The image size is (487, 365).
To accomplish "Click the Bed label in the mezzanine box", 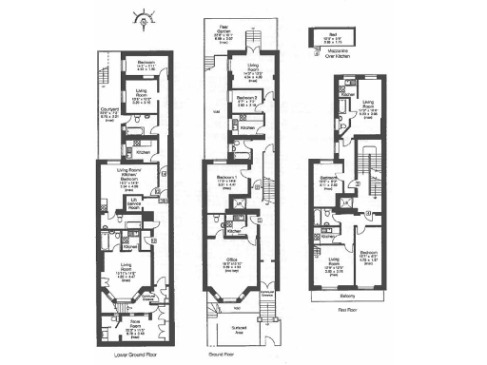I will pos(323,39).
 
